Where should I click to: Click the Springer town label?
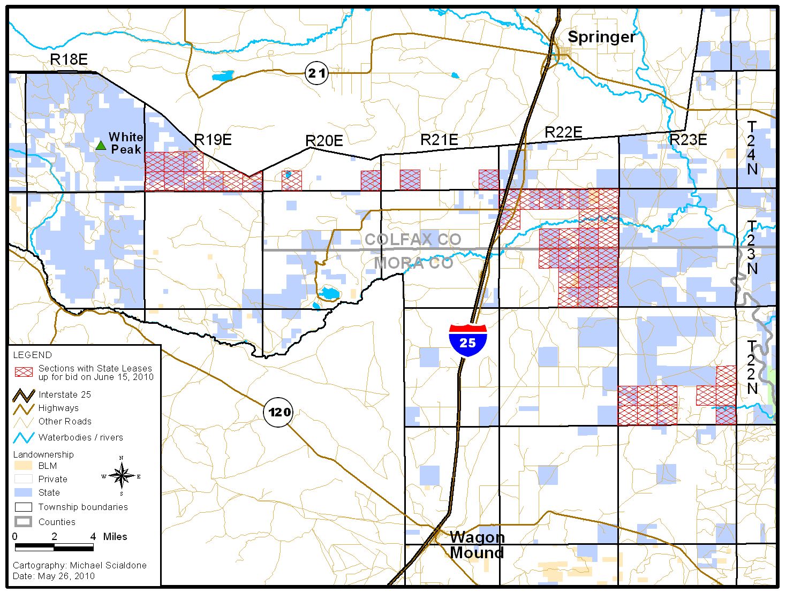pyautogui.click(x=601, y=37)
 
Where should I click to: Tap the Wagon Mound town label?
pyautogui.click(x=477, y=545)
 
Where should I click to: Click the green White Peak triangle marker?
pyautogui.click(x=100, y=145)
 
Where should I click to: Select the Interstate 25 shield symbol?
pyautogui.click(x=467, y=340)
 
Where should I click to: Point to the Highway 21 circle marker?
pyautogui.click(x=316, y=73)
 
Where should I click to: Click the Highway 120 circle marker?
pyautogui.click(x=279, y=412)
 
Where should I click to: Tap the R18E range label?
pyautogui.click(x=69, y=59)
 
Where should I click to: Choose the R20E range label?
pyautogui.click(x=324, y=141)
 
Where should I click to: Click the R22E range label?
pyautogui.click(x=563, y=132)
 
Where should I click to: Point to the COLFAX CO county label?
pyautogui.click(x=413, y=239)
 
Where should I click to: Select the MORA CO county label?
pyautogui.click(x=413, y=263)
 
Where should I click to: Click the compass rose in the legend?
pyautogui.click(x=122, y=476)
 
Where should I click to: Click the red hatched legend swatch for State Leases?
pyautogui.click(x=24, y=372)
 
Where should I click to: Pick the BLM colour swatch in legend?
pyautogui.click(x=24, y=466)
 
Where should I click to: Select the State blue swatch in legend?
pyautogui.click(x=24, y=492)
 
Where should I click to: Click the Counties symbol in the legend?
pyautogui.click(x=24, y=522)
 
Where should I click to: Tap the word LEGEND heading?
pyautogui.click(x=32, y=355)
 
